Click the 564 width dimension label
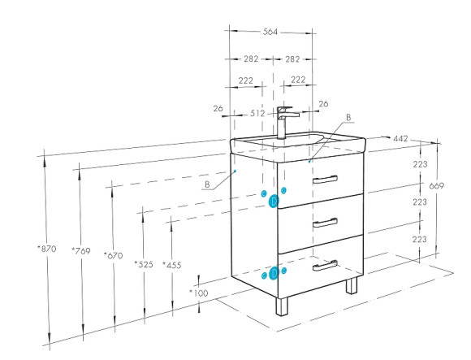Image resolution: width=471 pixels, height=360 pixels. [x=270, y=32]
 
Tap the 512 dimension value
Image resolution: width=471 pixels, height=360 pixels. [x=257, y=114]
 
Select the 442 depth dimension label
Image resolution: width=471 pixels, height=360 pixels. [x=400, y=138]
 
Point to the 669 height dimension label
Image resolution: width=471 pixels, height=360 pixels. [x=436, y=186]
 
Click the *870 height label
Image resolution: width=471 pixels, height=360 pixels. [x=47, y=249]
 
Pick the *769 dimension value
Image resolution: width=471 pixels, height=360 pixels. [x=81, y=250]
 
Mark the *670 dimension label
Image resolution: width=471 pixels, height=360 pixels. [x=113, y=255]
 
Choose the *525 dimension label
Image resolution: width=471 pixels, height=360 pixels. [x=144, y=264]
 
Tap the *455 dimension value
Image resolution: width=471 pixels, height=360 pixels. [x=172, y=265]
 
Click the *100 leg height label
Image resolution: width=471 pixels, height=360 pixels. [x=199, y=293]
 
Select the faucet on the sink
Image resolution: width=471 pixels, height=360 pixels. [x=285, y=123]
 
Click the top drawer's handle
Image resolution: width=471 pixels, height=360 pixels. [x=325, y=179]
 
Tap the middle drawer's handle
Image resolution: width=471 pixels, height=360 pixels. [x=325, y=223]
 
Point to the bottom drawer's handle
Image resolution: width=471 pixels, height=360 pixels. [x=325, y=266]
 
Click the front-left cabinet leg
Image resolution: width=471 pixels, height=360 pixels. [x=282, y=306]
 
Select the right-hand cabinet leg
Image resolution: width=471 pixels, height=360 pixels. [x=352, y=285]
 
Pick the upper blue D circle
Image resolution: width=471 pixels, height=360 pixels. [x=274, y=201]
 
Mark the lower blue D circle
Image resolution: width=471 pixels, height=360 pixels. [x=274, y=273]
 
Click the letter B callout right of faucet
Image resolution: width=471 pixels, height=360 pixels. [x=348, y=118]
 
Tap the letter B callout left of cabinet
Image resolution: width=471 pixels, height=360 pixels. [x=207, y=184]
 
